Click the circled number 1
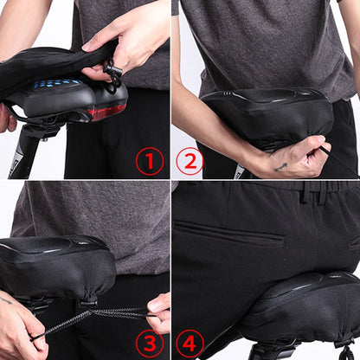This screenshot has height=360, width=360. (150, 161)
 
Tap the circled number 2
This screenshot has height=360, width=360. (190, 161)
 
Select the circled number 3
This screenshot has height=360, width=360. (150, 344)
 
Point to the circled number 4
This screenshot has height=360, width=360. (190, 344)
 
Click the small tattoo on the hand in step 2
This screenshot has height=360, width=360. (280, 167)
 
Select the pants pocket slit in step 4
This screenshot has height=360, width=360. (229, 233)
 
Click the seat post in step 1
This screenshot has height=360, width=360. (23, 153)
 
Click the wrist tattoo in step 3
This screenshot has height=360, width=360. (6, 300)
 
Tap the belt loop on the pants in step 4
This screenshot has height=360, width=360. (306, 192)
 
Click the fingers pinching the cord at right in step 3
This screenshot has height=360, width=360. (158, 313)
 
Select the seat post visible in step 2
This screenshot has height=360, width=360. (241, 170)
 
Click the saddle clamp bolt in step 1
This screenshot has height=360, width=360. (44, 139)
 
